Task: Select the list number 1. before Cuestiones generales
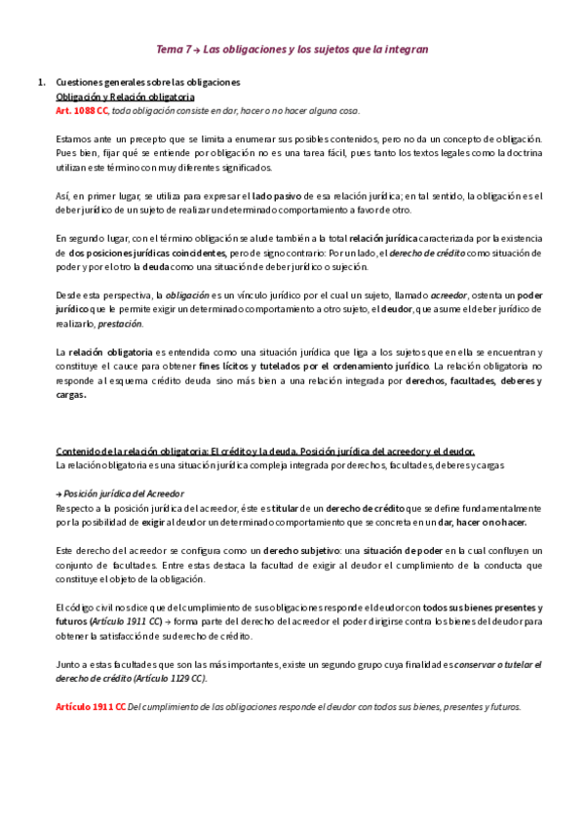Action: (x=40, y=83)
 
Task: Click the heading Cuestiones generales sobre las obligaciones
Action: (x=148, y=83)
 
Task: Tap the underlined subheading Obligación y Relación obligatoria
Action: (x=126, y=98)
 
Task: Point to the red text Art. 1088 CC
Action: (x=83, y=112)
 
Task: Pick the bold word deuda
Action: (x=161, y=266)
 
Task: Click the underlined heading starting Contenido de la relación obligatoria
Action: (x=265, y=451)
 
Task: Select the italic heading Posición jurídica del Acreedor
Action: (x=123, y=493)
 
